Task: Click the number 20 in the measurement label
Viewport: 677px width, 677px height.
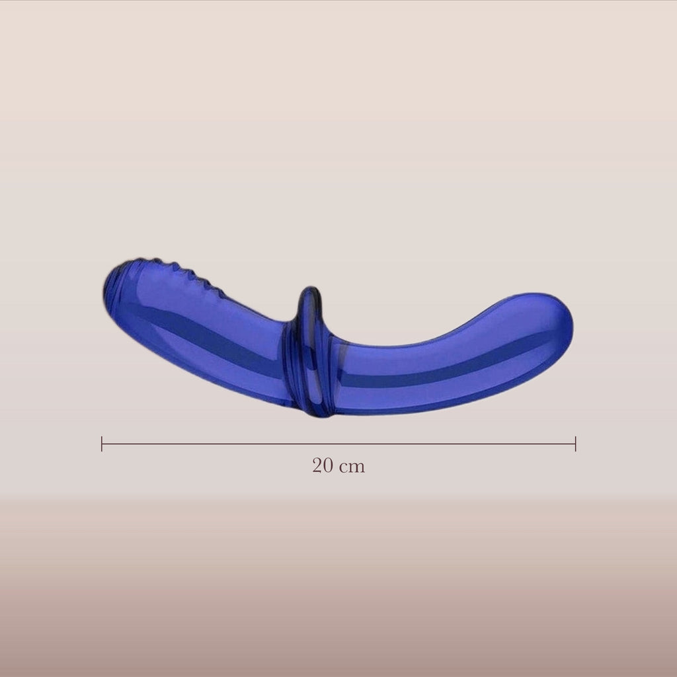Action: pyautogui.click(x=322, y=465)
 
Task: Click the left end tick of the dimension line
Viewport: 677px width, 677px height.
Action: pyautogui.click(x=102, y=444)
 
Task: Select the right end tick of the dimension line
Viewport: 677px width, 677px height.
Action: pyautogui.click(x=576, y=444)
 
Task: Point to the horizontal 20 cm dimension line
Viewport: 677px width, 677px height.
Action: pyautogui.click(x=338, y=444)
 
